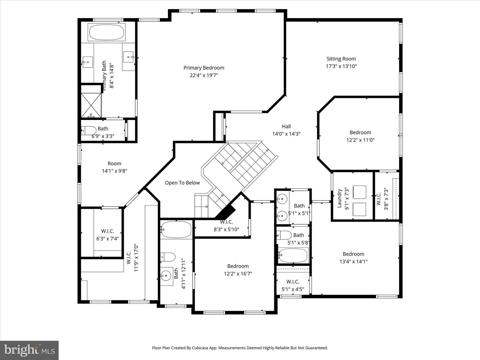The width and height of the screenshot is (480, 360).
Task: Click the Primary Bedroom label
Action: coord(204,68)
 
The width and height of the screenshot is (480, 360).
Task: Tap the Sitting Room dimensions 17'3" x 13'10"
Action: coord(341,66)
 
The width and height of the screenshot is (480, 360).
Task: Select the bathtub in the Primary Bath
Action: coord(107,32)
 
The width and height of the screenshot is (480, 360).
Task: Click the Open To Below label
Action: coord(182,183)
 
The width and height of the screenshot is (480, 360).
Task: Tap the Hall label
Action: coord(286,126)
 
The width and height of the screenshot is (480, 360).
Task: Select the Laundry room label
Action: coord(339,198)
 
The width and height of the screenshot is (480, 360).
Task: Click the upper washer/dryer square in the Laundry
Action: coord(359,192)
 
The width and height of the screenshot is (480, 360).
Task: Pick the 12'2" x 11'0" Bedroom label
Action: coord(360,132)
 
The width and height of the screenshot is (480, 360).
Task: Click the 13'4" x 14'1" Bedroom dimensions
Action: coord(353,262)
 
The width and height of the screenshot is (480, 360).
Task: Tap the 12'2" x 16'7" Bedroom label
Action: coord(238,266)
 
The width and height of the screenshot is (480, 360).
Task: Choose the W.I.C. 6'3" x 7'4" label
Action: coord(107,231)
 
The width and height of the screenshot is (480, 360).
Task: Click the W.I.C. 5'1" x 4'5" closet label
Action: coord(293,282)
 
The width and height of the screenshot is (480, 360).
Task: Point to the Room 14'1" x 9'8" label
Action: coord(114,163)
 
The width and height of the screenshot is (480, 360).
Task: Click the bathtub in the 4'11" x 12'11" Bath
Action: coord(176,229)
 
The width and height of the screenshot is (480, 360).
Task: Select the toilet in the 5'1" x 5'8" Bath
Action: coord(284,235)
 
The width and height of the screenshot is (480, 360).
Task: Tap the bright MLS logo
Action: coord(29,350)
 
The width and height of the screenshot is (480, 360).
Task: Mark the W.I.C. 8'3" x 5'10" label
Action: coord(226,222)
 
